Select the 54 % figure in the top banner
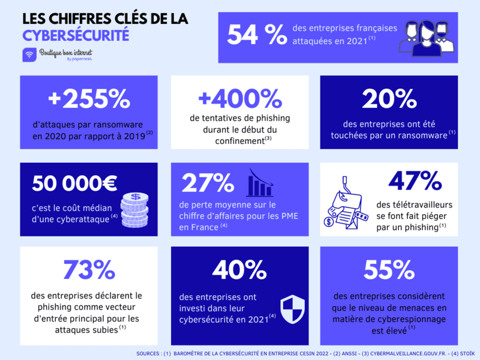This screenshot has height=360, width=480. click(x=257, y=35)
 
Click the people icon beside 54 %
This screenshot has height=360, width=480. click(x=425, y=37)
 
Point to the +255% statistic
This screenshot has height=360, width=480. click(x=88, y=99)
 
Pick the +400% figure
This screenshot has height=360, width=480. click(x=239, y=99)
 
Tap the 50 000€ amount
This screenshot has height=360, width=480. click(x=74, y=182)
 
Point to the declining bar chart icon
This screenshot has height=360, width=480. click(x=260, y=182)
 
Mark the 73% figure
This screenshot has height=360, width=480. click(x=88, y=270)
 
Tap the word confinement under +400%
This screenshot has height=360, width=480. click(x=239, y=140)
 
